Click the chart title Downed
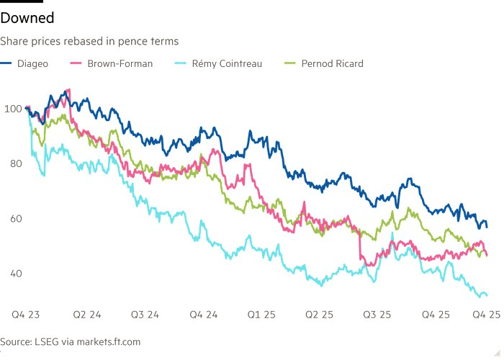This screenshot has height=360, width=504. (x=27, y=16)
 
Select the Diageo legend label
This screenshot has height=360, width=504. (x=34, y=63)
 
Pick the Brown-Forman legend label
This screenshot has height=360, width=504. (x=120, y=63)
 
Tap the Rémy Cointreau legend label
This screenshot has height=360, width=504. (x=227, y=63)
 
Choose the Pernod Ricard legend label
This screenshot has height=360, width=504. (x=332, y=63)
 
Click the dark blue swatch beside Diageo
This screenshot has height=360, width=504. (x=9, y=63)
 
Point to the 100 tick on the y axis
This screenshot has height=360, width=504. (x=12, y=109)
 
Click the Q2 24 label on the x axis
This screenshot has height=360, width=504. (x=87, y=315)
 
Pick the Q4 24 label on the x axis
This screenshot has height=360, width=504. (x=204, y=315)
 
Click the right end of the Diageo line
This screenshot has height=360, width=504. (x=487, y=228)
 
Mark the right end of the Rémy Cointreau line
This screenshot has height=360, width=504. (x=487, y=295)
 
